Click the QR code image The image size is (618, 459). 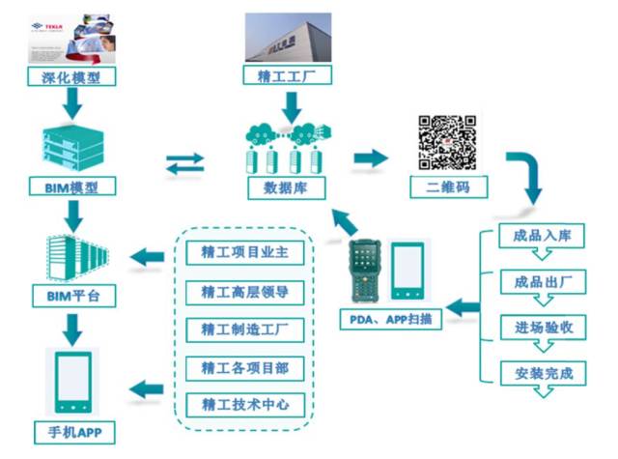(x=447, y=141)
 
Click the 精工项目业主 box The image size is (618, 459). (x=245, y=253)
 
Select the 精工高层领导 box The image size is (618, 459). (x=245, y=291)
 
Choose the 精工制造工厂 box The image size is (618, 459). (x=245, y=329)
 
